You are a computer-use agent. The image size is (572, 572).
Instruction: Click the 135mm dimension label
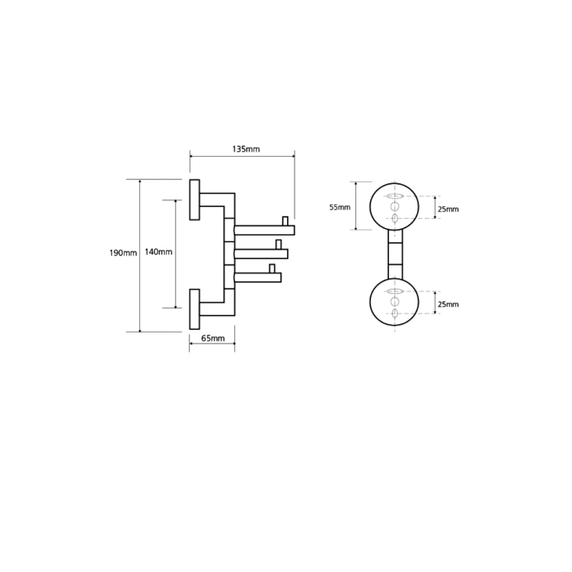coord(246,149)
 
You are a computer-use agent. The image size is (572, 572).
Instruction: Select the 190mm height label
coord(123,252)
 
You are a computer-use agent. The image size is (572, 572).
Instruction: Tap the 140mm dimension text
coord(158,252)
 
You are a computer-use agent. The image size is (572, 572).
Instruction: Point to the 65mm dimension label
coord(213,338)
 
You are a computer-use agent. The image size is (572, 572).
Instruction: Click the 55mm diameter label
coord(340,207)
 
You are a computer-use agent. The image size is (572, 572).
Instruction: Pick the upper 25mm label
coord(448,209)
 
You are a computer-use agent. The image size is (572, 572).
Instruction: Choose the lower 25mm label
coord(448,304)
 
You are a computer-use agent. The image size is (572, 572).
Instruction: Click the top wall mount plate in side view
coord(194,199)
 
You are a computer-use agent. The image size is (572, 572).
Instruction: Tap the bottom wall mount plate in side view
coord(194,309)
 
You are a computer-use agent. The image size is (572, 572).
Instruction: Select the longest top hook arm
coord(264,230)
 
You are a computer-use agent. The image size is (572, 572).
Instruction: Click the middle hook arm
coord(261,254)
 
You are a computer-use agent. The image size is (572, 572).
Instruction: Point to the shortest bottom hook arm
coord(258,277)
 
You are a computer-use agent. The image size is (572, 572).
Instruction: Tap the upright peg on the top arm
coord(285,221)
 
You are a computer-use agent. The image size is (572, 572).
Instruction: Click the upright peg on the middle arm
coord(279,245)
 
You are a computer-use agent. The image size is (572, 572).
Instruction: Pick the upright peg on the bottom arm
coord(272,268)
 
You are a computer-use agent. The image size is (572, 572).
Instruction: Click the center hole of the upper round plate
coord(395,207)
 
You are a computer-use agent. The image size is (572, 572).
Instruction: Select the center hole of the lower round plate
coord(395,301)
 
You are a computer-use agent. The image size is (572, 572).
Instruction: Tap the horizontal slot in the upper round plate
coord(395,196)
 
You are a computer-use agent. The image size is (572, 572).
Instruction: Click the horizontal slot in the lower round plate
coord(395,291)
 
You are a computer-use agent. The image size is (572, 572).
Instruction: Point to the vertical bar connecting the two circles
coord(395,255)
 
